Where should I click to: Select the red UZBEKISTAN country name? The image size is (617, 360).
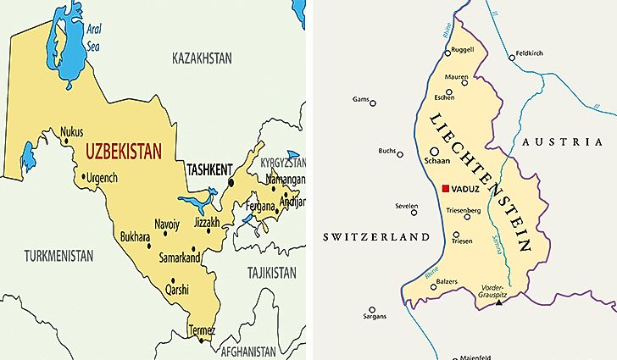(124, 153)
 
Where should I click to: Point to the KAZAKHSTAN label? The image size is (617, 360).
(201, 58)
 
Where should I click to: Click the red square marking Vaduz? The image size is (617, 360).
(445, 189)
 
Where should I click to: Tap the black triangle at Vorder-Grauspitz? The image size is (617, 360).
(499, 302)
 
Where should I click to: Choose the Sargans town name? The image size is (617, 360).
(374, 316)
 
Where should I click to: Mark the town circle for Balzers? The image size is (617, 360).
(433, 287)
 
